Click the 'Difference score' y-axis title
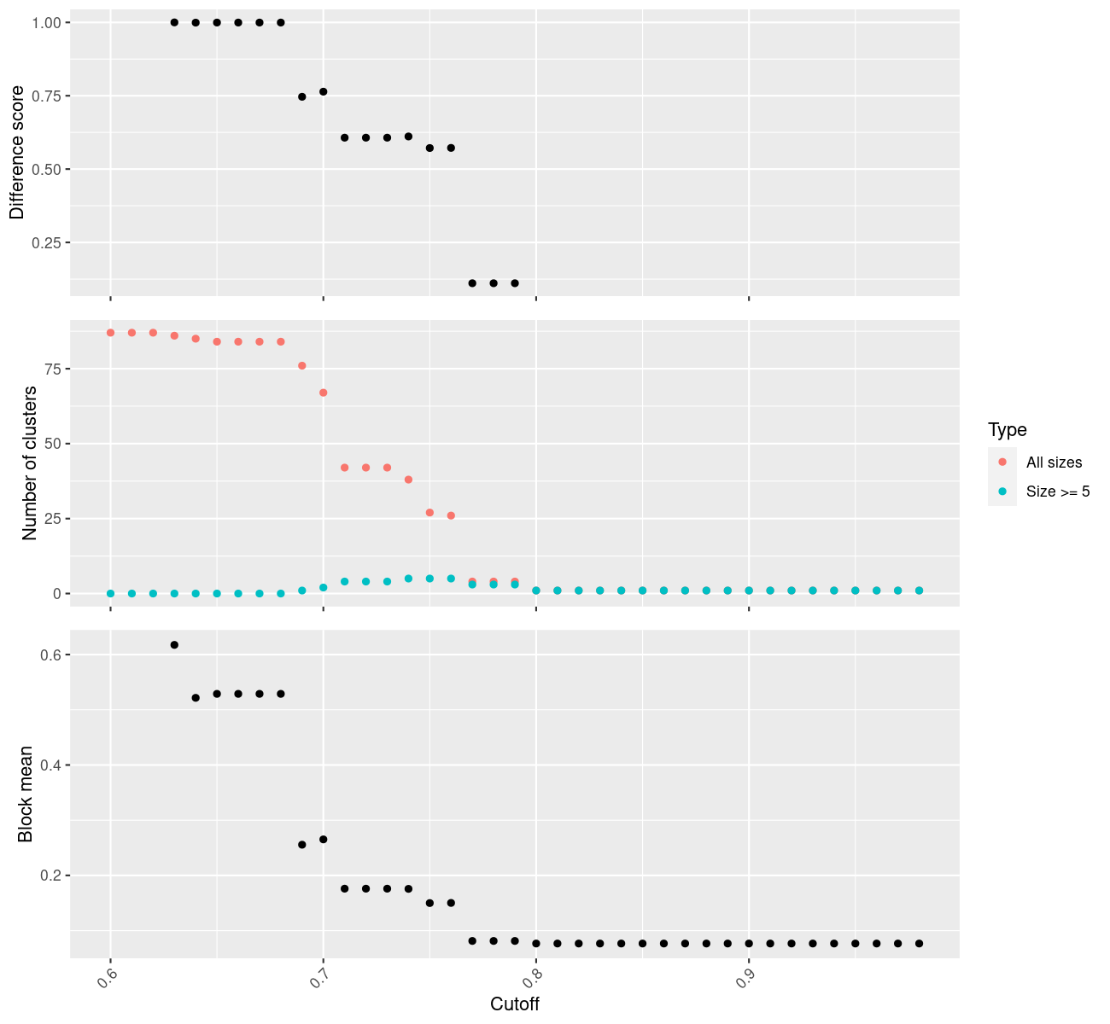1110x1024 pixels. click(17, 152)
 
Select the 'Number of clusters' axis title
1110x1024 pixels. click(30, 463)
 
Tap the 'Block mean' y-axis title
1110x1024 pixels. click(26, 794)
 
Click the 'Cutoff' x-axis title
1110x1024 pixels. click(515, 1004)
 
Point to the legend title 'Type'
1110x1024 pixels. click(1007, 429)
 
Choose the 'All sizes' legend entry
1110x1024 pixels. click(1054, 463)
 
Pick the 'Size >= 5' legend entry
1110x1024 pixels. click(1058, 492)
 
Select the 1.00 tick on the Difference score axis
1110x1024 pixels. click(46, 22)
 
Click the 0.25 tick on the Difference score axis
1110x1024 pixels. click(46, 242)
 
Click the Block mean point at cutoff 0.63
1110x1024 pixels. click(174, 644)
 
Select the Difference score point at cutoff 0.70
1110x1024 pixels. click(323, 91)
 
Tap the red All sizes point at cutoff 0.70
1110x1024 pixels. click(323, 393)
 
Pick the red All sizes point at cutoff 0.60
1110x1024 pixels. click(110, 333)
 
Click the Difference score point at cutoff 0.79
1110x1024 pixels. click(515, 282)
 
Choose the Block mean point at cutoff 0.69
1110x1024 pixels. click(301, 844)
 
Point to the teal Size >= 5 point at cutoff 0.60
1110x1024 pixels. click(110, 593)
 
